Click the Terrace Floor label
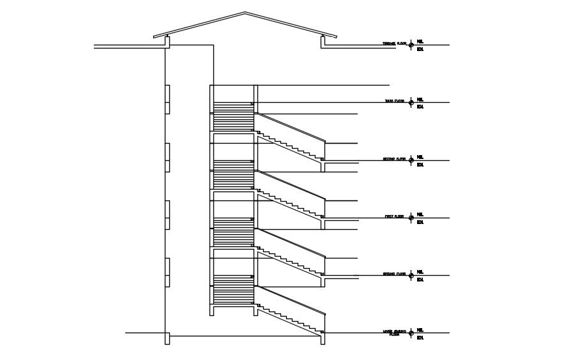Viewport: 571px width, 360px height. click(x=394, y=43)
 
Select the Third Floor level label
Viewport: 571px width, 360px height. click(x=394, y=101)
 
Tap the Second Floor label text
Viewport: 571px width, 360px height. click(x=394, y=159)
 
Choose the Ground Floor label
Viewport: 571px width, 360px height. click(x=394, y=274)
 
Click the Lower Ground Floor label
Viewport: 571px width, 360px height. click(x=394, y=333)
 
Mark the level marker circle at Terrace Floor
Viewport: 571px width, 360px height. click(x=411, y=45)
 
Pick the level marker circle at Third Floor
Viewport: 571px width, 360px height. click(x=411, y=103)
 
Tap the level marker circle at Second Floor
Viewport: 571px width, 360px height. click(x=411, y=160)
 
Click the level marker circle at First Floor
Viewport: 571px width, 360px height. click(x=411, y=218)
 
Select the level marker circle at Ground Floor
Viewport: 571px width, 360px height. click(x=411, y=275)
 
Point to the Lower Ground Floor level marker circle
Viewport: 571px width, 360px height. click(x=411, y=333)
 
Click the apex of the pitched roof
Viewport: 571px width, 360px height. click(x=245, y=13)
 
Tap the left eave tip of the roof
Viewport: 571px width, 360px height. click(x=153, y=37)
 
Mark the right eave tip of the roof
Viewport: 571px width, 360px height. click(x=338, y=37)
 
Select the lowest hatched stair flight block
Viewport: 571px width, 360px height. click(x=232, y=289)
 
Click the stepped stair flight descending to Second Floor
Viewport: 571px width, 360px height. click(x=291, y=146)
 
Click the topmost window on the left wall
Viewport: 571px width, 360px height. click(x=167, y=99)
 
